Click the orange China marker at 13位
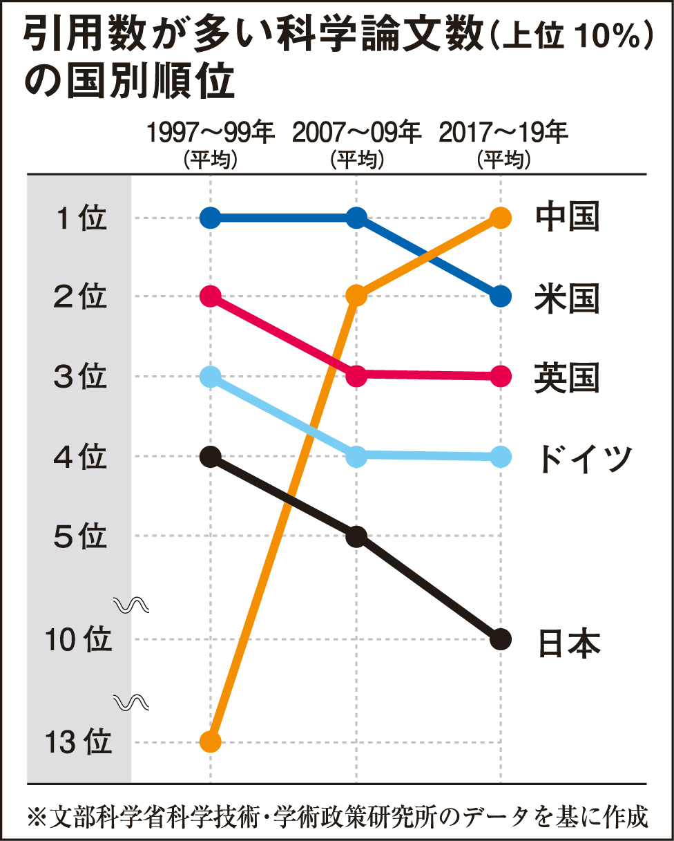tap(210, 742)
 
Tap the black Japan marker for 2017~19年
tap(501, 639)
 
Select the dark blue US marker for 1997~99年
tap(210, 218)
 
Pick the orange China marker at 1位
tap(501, 218)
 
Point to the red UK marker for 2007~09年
tap(356, 376)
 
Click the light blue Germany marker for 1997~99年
tap(210, 377)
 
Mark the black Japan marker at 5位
tap(356, 536)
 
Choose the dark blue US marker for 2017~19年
tap(501, 296)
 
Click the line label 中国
tap(567, 218)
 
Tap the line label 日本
tap(568, 641)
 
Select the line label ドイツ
tap(584, 457)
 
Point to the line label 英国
tap(567, 377)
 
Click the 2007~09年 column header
tap(356, 132)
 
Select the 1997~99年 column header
tap(210, 132)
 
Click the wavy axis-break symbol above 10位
tap(132, 606)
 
